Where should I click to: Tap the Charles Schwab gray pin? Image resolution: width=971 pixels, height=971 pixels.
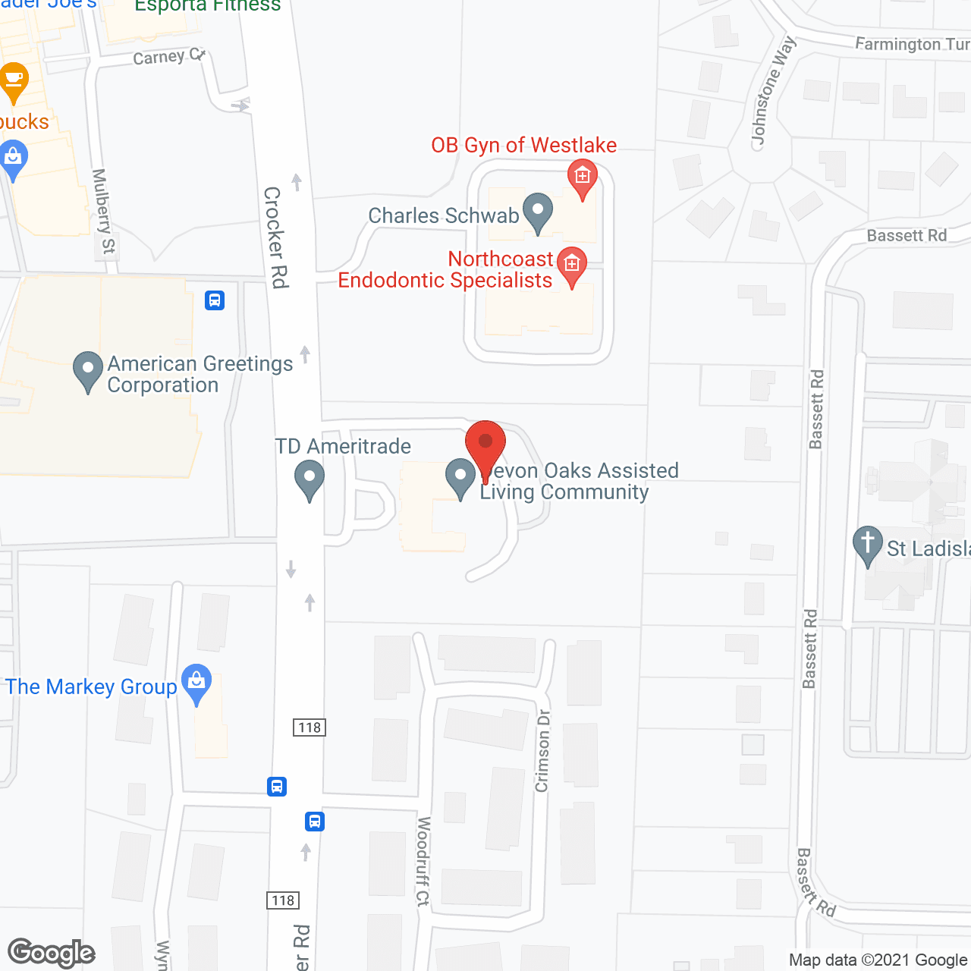pos(538,212)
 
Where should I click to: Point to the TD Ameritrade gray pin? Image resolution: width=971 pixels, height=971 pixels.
pos(310,479)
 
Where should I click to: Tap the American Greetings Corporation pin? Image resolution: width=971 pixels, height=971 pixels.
pos(88,371)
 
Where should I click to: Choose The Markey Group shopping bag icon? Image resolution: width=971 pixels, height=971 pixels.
pos(197,683)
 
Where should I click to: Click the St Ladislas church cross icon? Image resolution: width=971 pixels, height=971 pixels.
pos(868,545)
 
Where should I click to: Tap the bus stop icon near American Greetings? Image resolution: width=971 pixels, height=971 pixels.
pos(215,300)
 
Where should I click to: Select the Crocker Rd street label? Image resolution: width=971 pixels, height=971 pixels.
pos(276,237)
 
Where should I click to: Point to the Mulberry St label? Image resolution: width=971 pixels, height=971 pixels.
pos(104,211)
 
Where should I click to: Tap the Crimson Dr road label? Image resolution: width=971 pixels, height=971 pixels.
pos(542,751)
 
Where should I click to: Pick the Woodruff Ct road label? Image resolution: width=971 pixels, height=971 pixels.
pos(423,861)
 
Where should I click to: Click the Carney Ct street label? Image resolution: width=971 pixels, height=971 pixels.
pos(169,57)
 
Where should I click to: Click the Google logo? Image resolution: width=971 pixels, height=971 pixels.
pos(52,953)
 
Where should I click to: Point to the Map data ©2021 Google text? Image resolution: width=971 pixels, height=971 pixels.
pos(878,960)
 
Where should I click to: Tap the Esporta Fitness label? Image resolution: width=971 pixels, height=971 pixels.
pos(207,7)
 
